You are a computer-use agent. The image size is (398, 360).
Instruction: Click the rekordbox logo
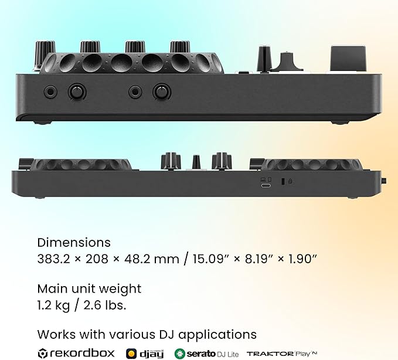click(x=76, y=353)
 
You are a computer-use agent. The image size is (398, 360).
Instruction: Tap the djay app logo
click(x=145, y=354)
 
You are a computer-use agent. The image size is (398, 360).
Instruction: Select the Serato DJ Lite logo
click(x=206, y=354)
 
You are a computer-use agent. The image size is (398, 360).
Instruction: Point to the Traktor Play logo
click(x=282, y=354)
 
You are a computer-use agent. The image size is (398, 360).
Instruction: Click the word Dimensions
click(x=74, y=243)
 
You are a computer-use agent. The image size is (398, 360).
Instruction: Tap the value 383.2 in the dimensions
click(x=53, y=259)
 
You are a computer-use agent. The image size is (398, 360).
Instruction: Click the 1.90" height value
click(x=303, y=259)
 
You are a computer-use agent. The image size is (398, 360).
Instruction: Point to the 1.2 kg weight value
click(x=53, y=305)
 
